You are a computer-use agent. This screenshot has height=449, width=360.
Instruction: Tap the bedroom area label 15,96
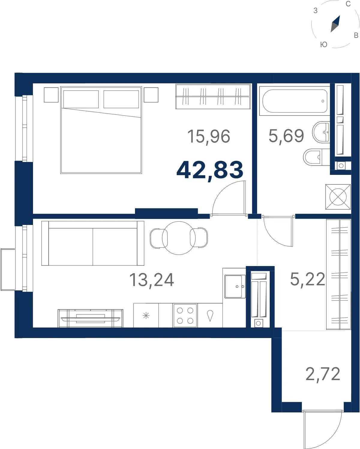point(209,137)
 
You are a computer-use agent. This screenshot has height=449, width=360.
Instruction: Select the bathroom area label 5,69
point(286,136)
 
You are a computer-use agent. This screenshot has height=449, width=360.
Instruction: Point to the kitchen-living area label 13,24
point(151,280)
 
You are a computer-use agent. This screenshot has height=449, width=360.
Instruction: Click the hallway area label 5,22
point(307,280)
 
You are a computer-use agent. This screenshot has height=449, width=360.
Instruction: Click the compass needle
point(335,24)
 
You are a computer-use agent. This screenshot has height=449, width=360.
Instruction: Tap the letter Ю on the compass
point(324,44)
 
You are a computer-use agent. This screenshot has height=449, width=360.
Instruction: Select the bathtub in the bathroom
point(295,101)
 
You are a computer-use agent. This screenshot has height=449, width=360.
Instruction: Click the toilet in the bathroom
point(316,157)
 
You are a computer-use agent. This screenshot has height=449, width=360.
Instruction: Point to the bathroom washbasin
point(321,132)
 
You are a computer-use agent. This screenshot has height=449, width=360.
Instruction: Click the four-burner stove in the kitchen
point(185,316)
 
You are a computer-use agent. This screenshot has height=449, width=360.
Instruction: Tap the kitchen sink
point(235,286)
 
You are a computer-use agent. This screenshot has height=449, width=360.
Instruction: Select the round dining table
point(178,238)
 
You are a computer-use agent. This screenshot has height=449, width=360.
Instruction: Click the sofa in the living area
point(93,243)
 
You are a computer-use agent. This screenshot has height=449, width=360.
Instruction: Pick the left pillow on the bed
point(81,99)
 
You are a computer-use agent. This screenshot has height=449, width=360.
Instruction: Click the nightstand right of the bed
point(151,95)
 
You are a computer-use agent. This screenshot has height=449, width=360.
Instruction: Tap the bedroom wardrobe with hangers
point(213,96)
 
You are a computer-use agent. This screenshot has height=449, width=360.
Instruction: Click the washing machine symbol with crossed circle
point(338,197)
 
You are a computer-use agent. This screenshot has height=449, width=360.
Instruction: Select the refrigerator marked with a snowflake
point(146,316)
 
